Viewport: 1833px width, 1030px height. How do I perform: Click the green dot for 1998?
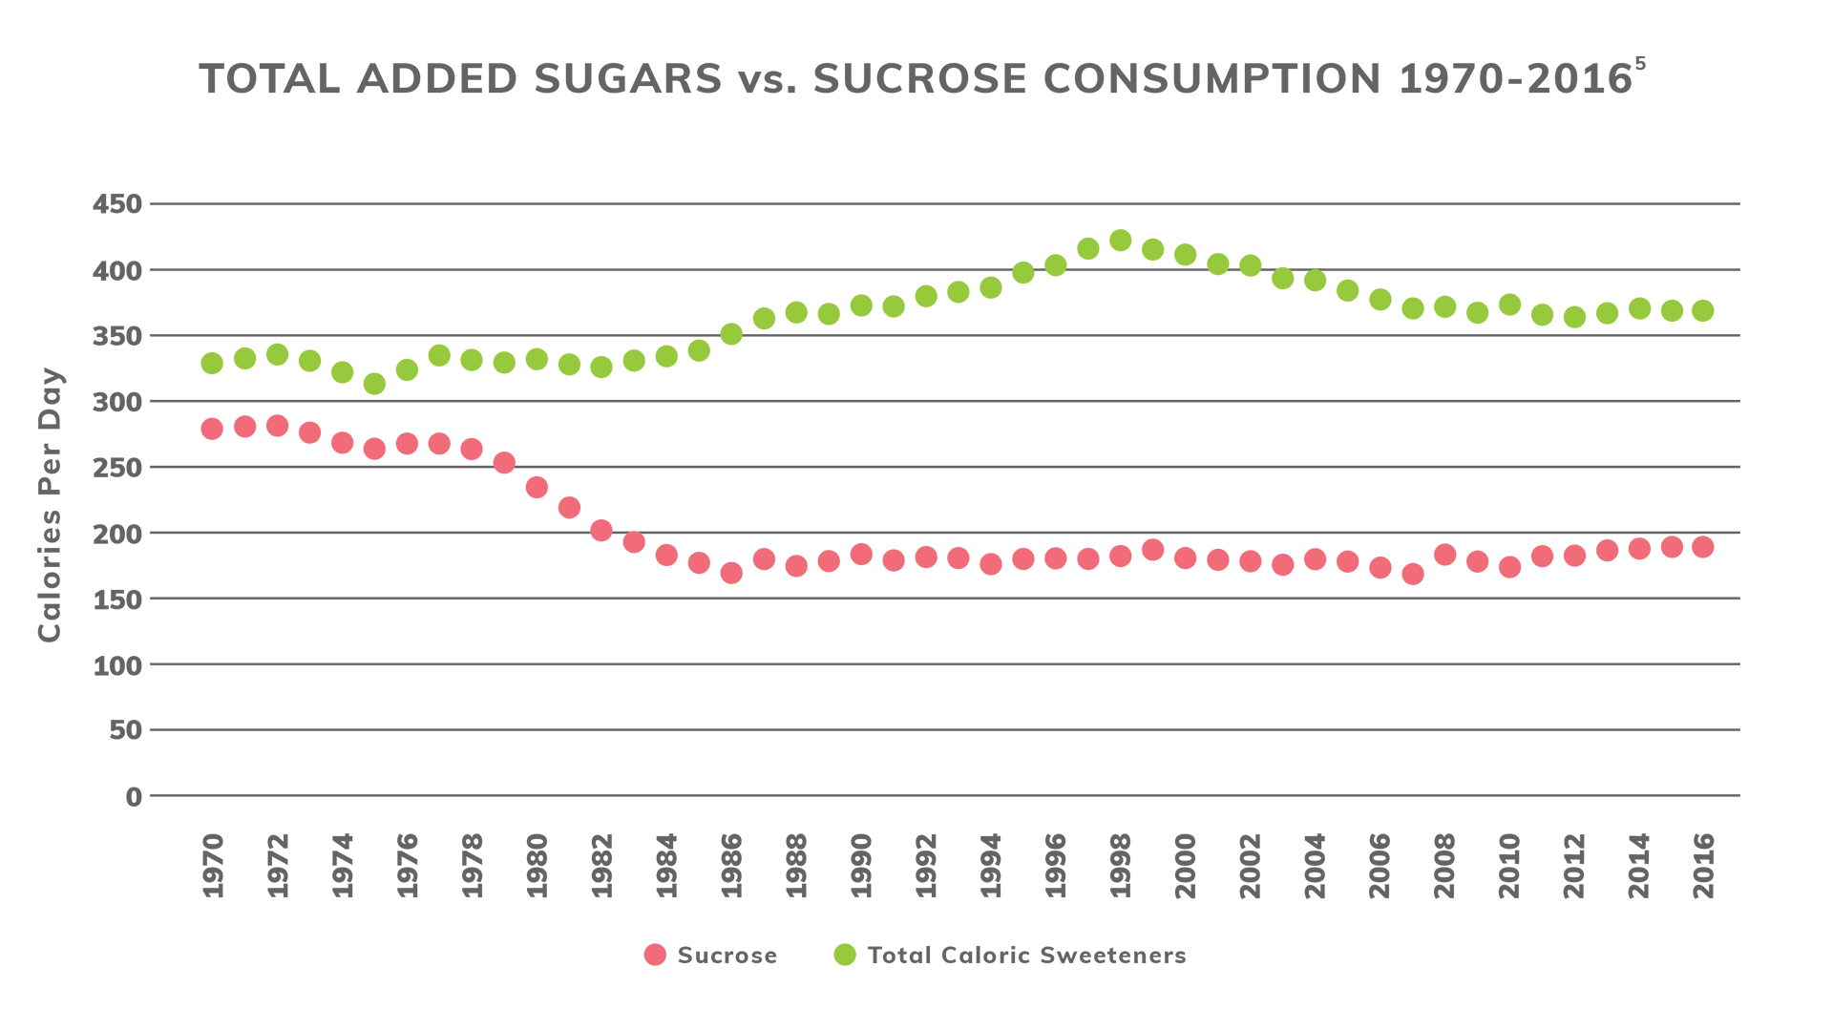click(1120, 241)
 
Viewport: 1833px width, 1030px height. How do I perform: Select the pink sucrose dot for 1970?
click(212, 429)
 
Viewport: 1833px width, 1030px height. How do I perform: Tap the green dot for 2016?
click(1702, 311)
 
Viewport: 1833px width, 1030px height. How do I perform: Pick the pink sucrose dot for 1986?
click(731, 573)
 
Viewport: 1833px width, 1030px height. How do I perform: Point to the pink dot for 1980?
click(537, 487)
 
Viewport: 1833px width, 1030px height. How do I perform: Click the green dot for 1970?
click(212, 363)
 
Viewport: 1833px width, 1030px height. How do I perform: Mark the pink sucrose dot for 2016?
click(1702, 547)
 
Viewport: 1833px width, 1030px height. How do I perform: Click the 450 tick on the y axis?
click(116, 204)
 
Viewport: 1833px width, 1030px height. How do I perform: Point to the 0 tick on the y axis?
click(133, 796)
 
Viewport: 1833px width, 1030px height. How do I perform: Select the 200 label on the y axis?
click(116, 534)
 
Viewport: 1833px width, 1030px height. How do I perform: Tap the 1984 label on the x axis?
click(666, 865)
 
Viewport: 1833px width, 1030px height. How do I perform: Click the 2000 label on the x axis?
click(1185, 865)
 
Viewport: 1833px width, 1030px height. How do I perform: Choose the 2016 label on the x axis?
click(1703, 865)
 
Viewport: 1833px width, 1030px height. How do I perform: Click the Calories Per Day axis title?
click(50, 504)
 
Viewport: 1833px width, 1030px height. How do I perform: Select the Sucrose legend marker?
click(655, 955)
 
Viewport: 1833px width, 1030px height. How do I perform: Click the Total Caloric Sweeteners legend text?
click(1026, 956)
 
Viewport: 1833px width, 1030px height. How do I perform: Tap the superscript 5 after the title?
click(1640, 64)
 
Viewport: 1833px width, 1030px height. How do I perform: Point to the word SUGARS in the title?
click(627, 79)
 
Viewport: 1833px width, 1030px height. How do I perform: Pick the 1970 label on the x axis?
click(213, 865)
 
